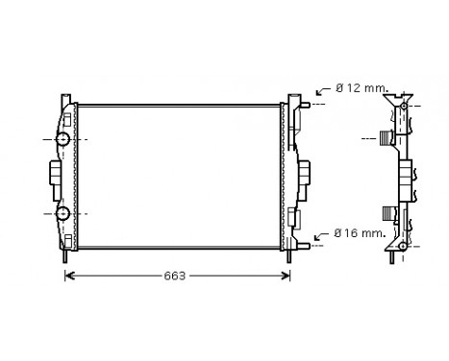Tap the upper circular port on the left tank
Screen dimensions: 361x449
click(63, 140)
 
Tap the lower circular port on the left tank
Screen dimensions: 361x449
click(63, 213)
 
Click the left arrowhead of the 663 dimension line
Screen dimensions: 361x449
click(68, 277)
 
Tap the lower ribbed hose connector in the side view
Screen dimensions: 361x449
click(388, 212)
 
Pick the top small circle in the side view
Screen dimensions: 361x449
click(404, 104)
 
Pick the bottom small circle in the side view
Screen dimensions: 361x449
click(403, 247)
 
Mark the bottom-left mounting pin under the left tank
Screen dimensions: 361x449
click(65, 257)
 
